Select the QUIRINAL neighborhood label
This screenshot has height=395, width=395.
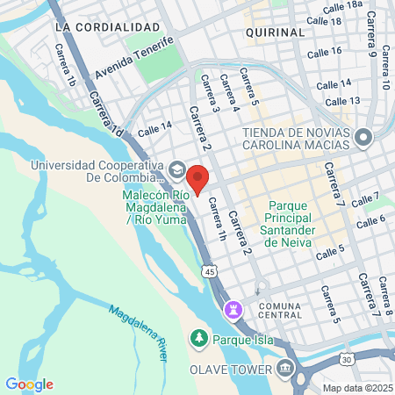coord(275,32)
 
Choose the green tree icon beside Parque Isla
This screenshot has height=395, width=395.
coord(199,338)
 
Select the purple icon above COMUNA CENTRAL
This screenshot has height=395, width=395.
coord(233,309)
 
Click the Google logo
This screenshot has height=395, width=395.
coord(29,384)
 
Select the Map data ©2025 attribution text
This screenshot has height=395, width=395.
coord(358,387)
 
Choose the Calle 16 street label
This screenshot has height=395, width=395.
coord(325,52)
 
